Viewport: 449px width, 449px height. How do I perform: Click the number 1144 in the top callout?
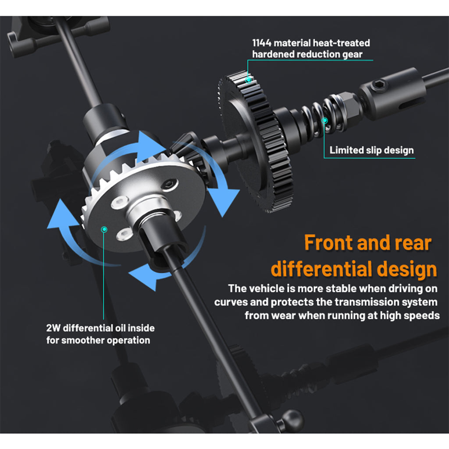click(262, 43)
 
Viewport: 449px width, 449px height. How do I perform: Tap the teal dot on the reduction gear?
click(249, 80)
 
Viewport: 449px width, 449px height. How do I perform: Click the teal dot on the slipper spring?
click(324, 121)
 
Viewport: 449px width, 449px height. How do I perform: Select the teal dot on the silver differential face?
click(104, 229)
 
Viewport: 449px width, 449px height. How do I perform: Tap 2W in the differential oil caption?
click(53, 328)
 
